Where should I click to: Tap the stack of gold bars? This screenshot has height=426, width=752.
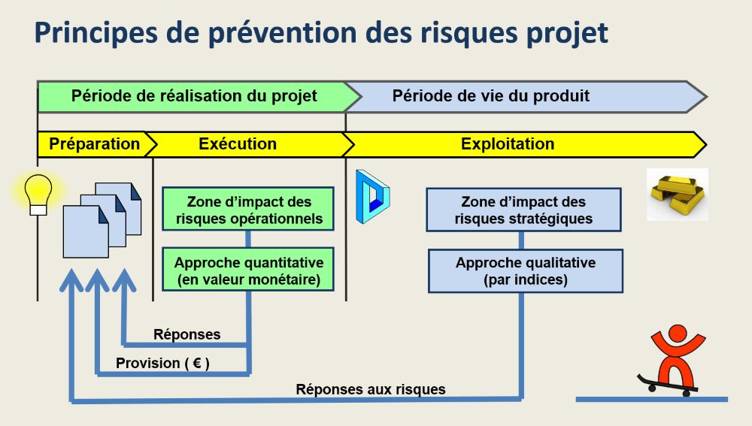[678, 194]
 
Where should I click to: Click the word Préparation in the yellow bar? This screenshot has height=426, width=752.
[94, 144]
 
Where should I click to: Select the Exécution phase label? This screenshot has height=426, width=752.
[238, 144]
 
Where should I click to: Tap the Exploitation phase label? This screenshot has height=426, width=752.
[508, 144]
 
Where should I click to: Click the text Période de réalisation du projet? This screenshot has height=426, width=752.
[194, 96]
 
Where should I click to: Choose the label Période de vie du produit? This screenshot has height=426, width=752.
[490, 96]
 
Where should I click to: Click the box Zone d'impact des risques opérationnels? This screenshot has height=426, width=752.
[248, 210]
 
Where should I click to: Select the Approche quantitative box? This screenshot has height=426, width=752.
[248, 271]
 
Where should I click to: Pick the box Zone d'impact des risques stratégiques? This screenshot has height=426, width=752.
[523, 210]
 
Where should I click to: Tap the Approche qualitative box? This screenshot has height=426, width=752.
[525, 271]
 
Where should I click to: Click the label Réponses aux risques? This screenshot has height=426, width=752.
[371, 389]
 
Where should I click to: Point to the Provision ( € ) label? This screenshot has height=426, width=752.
[162, 364]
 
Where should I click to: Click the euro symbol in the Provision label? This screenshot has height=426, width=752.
[196, 364]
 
